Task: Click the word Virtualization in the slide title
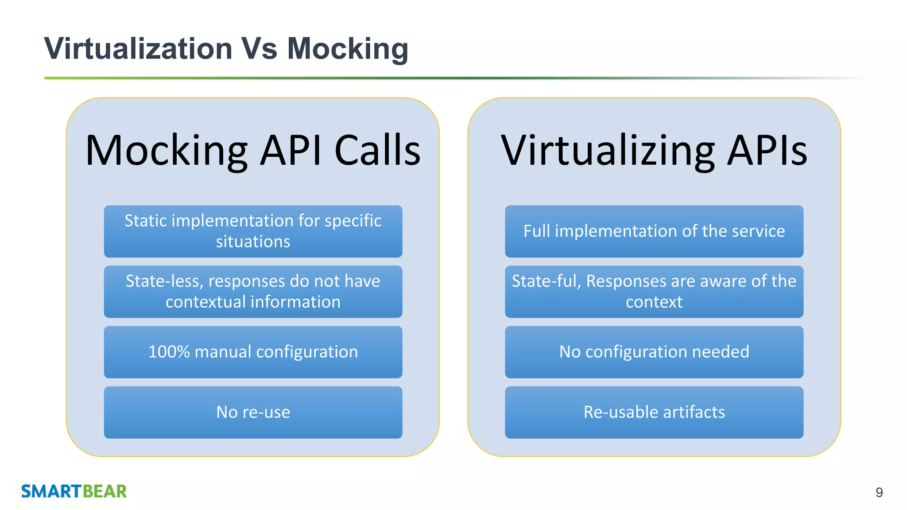click(138, 48)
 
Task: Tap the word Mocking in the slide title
click(348, 48)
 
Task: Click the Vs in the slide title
click(260, 48)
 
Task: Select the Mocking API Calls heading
click(253, 151)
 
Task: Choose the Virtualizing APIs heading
click(654, 151)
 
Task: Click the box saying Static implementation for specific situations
click(253, 231)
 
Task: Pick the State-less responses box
click(253, 291)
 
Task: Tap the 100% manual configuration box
click(253, 352)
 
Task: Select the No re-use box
click(253, 412)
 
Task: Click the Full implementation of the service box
click(654, 231)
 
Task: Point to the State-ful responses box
click(654, 291)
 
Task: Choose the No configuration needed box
click(654, 352)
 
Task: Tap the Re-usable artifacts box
click(654, 412)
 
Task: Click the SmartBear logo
click(74, 491)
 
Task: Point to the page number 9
click(879, 492)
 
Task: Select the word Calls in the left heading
click(377, 151)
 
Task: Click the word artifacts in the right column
click(694, 412)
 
